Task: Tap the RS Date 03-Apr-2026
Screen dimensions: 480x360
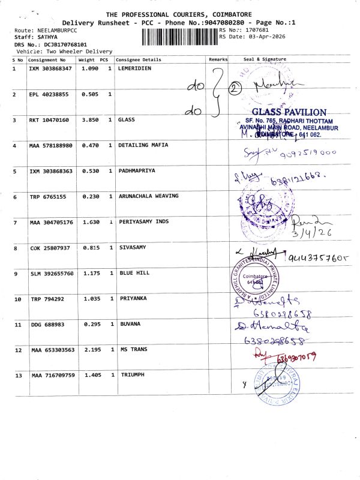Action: point(253,37)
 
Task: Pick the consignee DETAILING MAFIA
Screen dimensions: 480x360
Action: point(143,145)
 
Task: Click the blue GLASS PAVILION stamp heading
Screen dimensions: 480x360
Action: point(289,112)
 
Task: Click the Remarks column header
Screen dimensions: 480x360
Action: point(218,59)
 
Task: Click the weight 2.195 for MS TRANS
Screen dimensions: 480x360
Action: point(88,350)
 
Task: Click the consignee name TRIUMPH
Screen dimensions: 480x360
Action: point(133,375)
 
